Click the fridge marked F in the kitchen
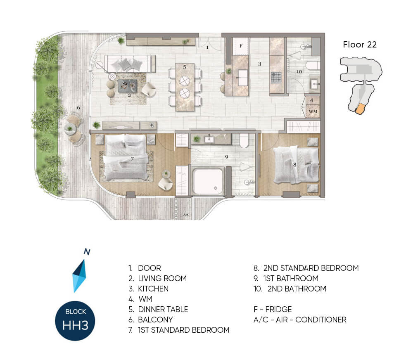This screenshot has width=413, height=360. point(241,46)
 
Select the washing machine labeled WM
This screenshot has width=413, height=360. point(313,111)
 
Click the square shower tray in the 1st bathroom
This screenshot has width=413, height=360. point(208,182)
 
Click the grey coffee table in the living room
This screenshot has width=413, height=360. point(128,86)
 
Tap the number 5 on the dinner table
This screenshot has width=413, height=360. point(185,67)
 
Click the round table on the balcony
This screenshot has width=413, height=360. point(70,129)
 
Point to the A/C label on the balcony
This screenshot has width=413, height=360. point(186,215)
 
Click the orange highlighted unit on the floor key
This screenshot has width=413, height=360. point(360,109)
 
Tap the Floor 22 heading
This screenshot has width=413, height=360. point(360,45)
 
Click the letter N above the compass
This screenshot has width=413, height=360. point(87,252)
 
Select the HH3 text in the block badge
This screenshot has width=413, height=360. point(75,325)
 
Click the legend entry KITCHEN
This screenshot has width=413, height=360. point(149,289)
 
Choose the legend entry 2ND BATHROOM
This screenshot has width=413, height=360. point(290,289)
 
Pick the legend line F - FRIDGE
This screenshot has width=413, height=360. point(273,309)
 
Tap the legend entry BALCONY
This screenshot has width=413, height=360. point(151,320)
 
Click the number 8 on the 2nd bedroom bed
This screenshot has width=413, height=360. point(295,165)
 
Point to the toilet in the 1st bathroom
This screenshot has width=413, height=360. point(244,140)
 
